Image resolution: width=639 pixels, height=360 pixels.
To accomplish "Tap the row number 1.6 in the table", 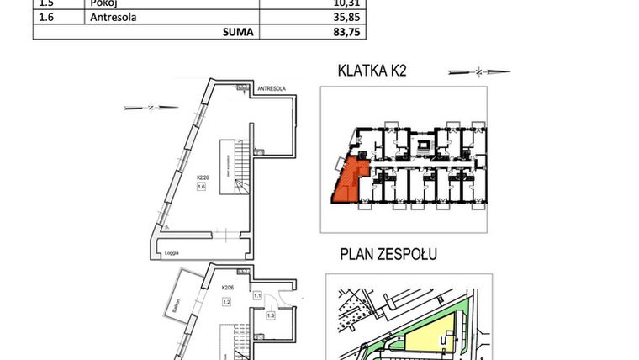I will coord(47,16).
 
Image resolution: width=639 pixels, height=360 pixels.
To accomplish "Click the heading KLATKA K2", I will coord(371,71).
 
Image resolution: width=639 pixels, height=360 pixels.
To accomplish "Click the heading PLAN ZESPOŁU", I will coord(389,253).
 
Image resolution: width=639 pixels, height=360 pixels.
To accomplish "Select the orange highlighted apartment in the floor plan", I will coord(346,183).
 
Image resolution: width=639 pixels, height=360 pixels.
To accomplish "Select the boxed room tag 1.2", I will coord(225,302).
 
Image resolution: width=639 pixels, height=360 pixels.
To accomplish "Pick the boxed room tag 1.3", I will coord(270,315).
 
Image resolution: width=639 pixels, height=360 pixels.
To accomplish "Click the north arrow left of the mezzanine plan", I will coord(151,107).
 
